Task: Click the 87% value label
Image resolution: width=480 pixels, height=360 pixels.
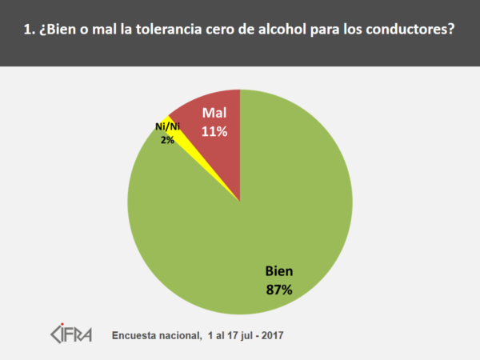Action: [279, 289]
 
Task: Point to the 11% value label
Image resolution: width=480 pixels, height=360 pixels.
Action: [214, 130]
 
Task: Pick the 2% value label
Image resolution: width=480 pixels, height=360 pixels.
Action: [166, 139]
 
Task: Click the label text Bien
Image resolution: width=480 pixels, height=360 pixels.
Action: [279, 271]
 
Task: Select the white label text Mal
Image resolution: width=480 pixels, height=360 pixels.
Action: [214, 112]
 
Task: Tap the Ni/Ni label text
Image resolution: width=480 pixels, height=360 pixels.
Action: [166, 127]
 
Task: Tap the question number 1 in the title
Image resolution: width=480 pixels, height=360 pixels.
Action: [28, 31]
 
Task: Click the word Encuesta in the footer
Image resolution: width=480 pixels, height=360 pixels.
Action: [135, 334]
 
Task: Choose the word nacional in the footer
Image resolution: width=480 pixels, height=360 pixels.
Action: [179, 334]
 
